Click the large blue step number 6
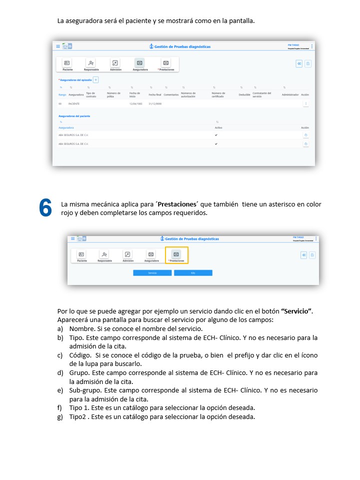pos(45,208)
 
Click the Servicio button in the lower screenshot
pos(152,273)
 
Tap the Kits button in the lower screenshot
pos(193,273)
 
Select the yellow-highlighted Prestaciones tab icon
pos(176,255)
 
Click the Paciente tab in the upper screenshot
pos(67,64)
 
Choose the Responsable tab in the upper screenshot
pos(91,64)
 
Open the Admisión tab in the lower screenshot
pos(128,256)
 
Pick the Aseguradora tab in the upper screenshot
pos(139,64)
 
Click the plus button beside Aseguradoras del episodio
pos(96,79)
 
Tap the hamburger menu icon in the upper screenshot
pos(58,46)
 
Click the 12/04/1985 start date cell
pos(136,103)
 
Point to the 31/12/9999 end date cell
pos(155,103)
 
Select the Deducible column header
pos(244,94)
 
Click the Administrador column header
pos(290,94)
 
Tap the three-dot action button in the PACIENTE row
pos(305,103)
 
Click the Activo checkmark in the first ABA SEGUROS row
pos(216,135)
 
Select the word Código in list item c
pos(80,355)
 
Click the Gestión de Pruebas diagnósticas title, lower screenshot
pos(191,239)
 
